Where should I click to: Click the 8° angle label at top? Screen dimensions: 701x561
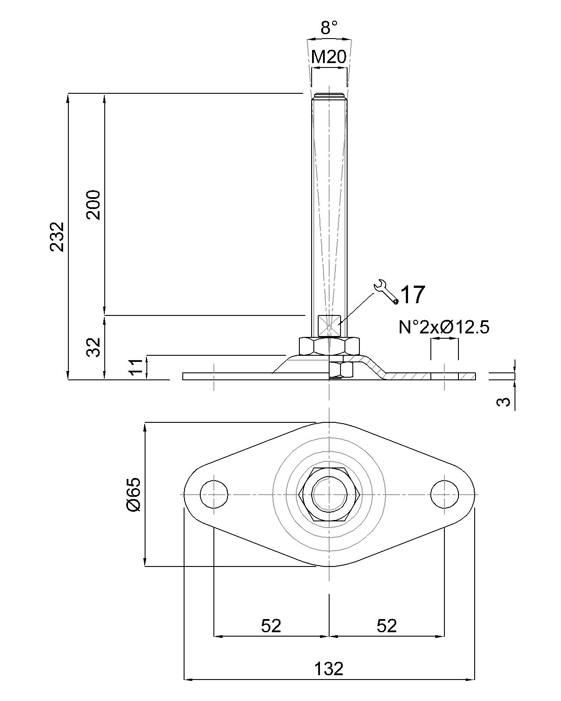329,28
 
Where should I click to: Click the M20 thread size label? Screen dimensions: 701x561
329,57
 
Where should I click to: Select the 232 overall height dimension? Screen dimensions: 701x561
57,237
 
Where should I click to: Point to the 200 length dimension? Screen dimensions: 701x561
94,205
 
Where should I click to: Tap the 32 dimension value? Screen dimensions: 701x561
94,347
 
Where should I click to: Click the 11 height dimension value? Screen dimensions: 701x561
137,367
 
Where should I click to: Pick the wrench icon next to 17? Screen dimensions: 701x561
386,291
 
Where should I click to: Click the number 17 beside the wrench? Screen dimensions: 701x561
413,294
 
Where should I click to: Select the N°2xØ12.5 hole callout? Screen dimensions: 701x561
444,327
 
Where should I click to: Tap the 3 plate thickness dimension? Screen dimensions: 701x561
505,401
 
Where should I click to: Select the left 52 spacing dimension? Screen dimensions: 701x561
271,626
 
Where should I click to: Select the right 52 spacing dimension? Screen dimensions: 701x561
387,626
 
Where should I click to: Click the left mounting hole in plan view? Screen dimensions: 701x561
214,494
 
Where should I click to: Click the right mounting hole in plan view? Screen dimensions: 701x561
444,494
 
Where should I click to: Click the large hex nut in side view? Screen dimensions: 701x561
329,346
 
